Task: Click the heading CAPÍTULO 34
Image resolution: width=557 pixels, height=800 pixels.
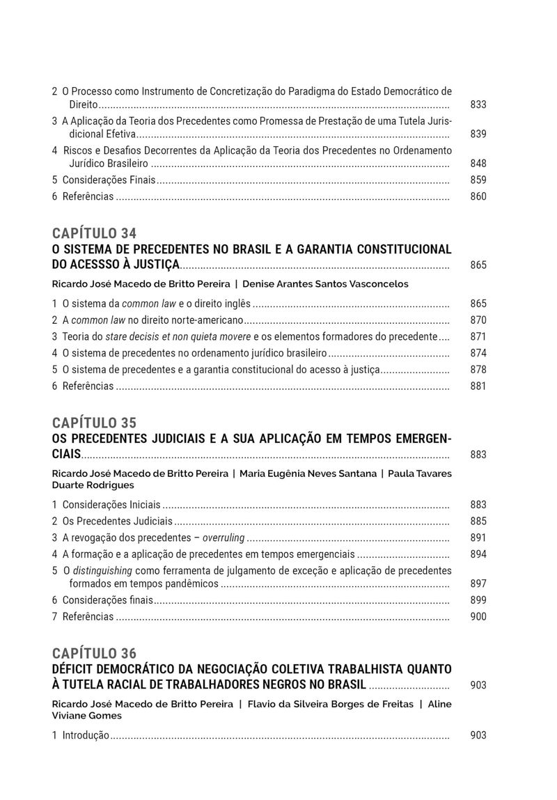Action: pyautogui.click(x=94, y=233)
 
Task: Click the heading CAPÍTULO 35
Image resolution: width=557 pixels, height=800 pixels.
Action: pyautogui.click(x=94, y=423)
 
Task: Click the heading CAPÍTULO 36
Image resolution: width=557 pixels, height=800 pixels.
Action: pyautogui.click(x=94, y=653)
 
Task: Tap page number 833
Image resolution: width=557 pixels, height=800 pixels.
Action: pyautogui.click(x=478, y=105)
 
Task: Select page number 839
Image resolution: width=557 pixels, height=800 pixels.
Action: pyautogui.click(x=478, y=134)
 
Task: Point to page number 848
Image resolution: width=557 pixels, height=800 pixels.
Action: pyautogui.click(x=478, y=164)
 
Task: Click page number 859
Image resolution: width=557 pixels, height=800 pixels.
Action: pyautogui.click(x=478, y=180)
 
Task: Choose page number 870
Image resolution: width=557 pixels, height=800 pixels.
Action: pyautogui.click(x=478, y=320)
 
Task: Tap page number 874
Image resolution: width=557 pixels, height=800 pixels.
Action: pyautogui.click(x=478, y=353)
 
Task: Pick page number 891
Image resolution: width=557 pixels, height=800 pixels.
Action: pyautogui.click(x=478, y=538)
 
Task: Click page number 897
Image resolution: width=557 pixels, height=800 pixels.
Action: pyautogui.click(x=478, y=583)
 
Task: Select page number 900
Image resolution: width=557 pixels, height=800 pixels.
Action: pyautogui.click(x=478, y=616)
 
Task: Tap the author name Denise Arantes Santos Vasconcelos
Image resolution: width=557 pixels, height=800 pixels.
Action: pyautogui.click(x=325, y=284)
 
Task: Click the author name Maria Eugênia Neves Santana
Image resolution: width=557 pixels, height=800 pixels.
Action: pyautogui.click(x=308, y=473)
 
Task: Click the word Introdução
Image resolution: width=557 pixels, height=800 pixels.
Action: pyautogui.click(x=86, y=735)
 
